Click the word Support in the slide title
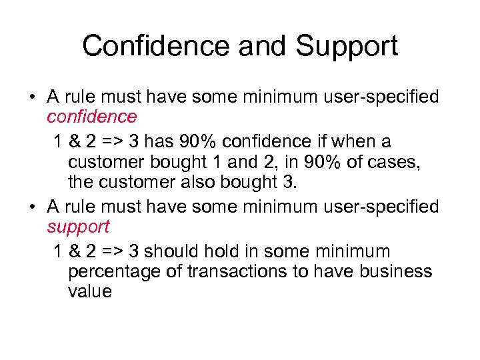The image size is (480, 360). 347,46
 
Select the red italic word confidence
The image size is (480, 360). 92,117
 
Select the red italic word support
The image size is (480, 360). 78,227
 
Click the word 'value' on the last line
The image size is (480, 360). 90,291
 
